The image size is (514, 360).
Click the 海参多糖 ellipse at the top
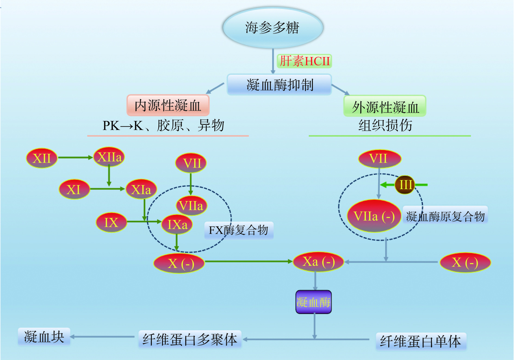(273, 28)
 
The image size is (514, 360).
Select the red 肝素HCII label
(304, 61)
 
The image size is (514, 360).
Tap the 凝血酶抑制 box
(279, 85)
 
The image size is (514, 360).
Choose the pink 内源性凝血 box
(168, 105)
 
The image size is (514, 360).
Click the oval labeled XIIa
(109, 157)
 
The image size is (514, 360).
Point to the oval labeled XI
(74, 189)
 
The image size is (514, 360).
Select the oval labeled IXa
(177, 224)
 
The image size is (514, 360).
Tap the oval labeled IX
(111, 223)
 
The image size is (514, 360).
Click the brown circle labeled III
(405, 185)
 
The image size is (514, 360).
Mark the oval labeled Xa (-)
(318, 262)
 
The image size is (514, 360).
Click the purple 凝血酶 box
(313, 302)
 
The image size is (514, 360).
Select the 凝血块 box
(44, 337)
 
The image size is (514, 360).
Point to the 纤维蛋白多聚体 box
(190, 339)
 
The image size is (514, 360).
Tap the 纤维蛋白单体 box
(421, 341)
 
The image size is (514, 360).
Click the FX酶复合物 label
(239, 230)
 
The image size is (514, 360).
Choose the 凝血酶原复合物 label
(445, 216)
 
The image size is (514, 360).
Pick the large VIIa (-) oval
(374, 216)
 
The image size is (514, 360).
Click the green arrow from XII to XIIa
(75, 157)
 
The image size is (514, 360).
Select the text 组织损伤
(385, 125)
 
